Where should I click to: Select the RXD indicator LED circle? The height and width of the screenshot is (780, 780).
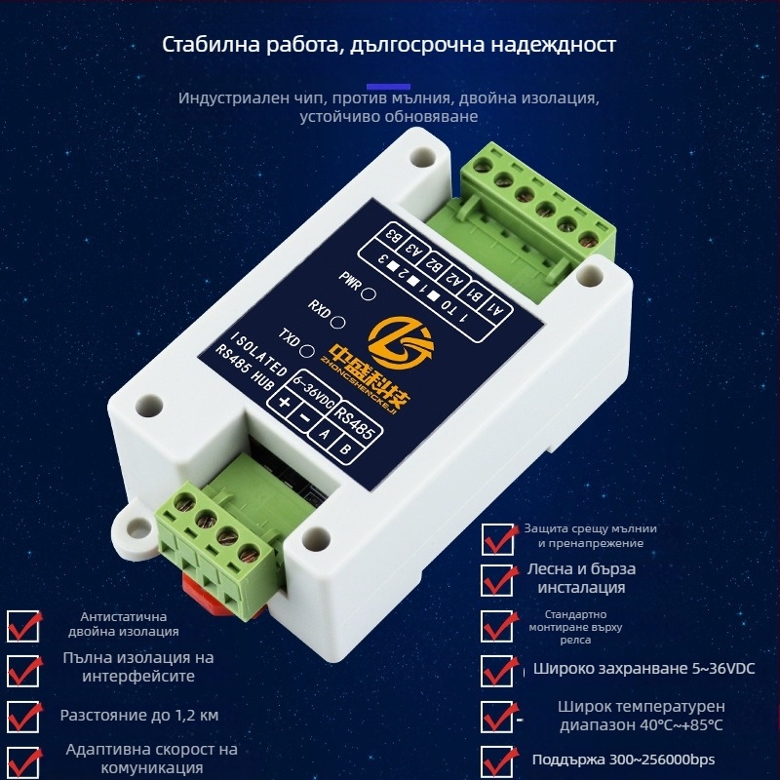(338, 320)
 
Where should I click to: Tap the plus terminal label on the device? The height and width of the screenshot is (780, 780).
(284, 404)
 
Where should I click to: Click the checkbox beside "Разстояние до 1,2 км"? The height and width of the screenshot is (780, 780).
(23, 716)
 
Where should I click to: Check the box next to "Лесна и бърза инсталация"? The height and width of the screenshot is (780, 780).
(499, 579)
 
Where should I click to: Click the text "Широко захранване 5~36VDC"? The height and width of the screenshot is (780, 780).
(643, 669)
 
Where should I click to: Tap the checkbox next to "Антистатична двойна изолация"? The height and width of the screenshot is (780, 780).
(23, 625)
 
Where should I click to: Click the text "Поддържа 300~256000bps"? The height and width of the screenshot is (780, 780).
(623, 760)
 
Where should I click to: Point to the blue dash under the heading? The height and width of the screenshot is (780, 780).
(393, 86)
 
